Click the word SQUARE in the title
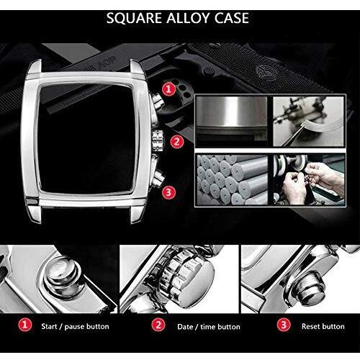click(134, 18)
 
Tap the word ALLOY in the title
click(188, 18)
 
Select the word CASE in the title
click(232, 18)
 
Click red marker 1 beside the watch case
click(169, 89)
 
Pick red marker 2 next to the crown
click(177, 142)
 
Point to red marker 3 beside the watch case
click(168, 192)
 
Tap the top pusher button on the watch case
click(157, 101)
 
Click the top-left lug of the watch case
click(35, 66)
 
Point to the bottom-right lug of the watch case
click(138, 214)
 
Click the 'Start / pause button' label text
click(75, 326)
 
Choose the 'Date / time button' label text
click(209, 327)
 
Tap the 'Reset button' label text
click(323, 326)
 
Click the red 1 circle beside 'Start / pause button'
click(25, 325)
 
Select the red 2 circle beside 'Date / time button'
click(158, 325)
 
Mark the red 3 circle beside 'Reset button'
click(284, 325)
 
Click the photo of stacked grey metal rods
click(232, 180)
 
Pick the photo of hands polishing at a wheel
click(309, 180)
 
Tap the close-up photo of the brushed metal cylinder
click(232, 121)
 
